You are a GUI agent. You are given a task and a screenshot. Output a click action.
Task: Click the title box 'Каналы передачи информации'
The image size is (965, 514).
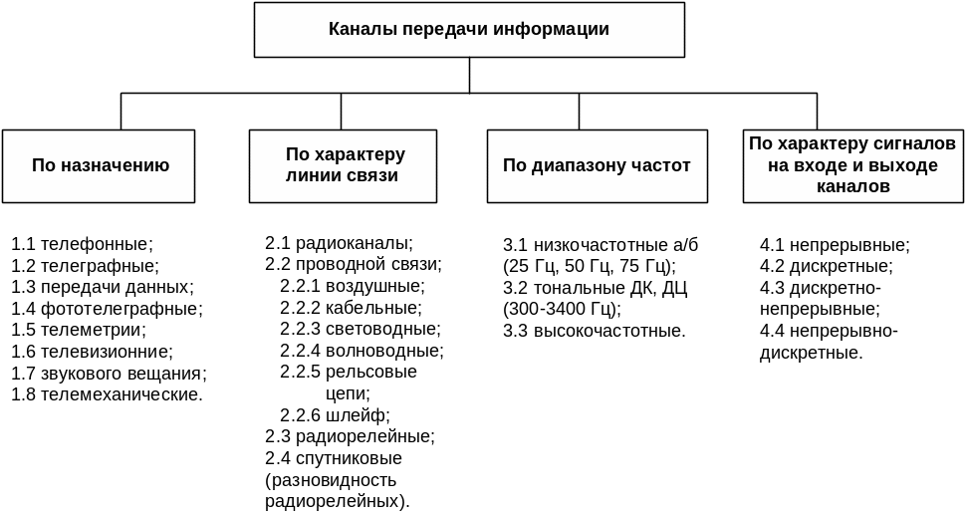[x=469, y=30]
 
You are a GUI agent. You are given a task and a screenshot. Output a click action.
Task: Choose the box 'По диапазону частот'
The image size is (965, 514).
[x=597, y=165]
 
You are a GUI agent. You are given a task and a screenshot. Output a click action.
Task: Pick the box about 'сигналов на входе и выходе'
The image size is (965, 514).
[x=853, y=165]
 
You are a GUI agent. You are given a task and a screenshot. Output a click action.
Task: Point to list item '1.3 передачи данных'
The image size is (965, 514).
[x=103, y=287]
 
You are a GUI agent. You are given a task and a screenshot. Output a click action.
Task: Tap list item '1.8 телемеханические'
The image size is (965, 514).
[x=107, y=394]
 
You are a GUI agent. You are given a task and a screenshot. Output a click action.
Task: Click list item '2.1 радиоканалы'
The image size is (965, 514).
[x=339, y=243]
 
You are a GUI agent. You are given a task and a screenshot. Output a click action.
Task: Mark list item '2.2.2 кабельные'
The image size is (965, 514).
[x=351, y=308]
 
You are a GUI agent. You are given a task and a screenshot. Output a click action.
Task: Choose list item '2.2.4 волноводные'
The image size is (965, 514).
[x=362, y=351]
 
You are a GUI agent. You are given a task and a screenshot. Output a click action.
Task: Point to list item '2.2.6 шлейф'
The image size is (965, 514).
[x=335, y=415]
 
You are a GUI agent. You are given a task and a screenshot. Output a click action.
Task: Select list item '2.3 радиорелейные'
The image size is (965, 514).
[x=350, y=436]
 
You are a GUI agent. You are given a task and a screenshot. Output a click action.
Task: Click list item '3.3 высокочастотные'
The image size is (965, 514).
[x=594, y=330]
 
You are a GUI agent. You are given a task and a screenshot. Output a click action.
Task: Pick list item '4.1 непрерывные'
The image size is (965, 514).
[x=835, y=245]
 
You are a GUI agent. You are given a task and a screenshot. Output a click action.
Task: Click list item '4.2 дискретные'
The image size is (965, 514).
[x=826, y=266]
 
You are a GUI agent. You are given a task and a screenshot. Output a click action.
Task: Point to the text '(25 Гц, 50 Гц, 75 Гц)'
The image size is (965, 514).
[x=590, y=266]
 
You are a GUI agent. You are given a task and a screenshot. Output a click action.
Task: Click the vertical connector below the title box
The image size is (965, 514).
[x=469, y=75]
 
